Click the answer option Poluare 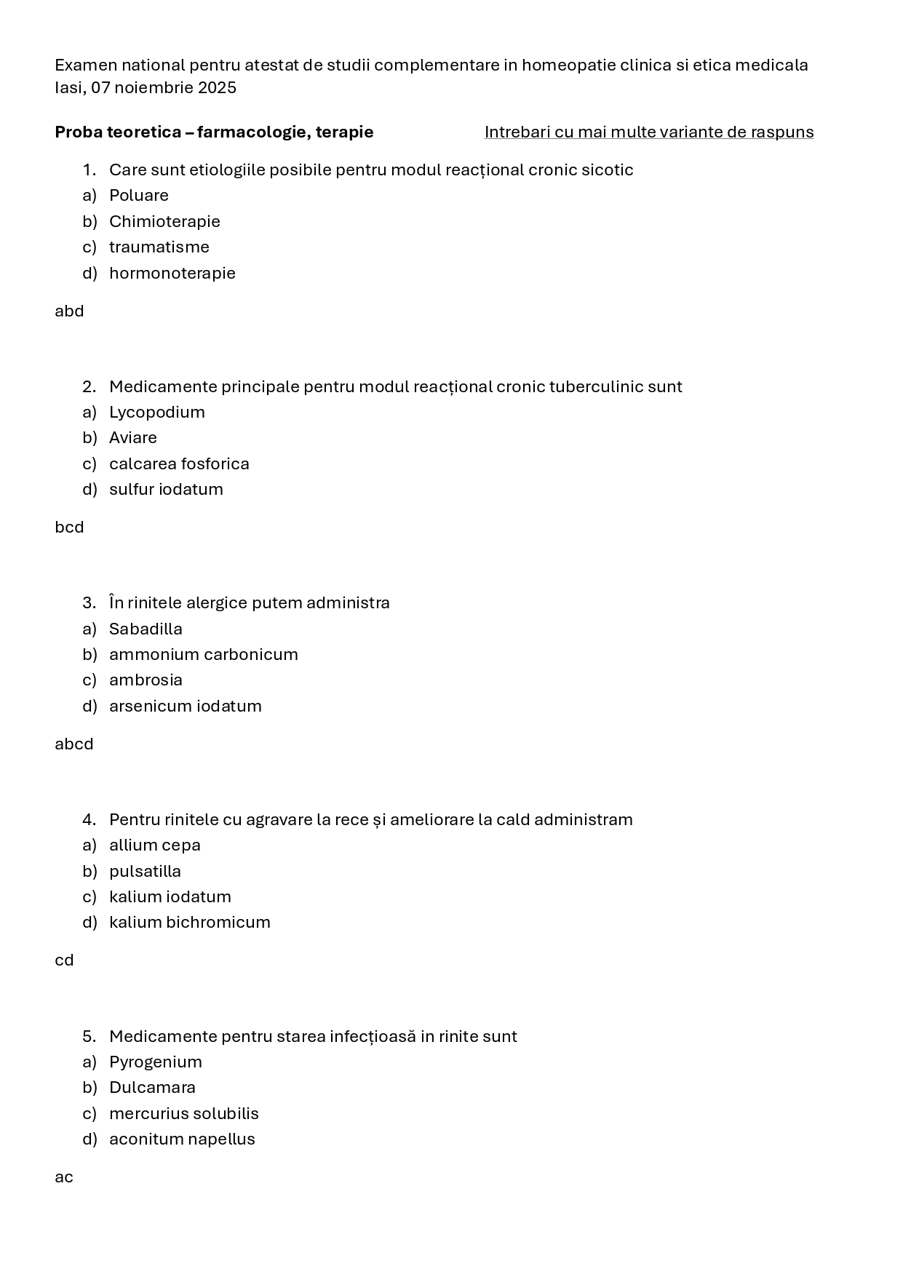click(x=138, y=196)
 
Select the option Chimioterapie click(x=164, y=221)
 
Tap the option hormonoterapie click(x=172, y=273)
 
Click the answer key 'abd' click(x=69, y=311)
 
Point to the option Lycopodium click(x=156, y=413)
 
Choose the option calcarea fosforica click(x=179, y=464)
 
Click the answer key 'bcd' click(x=69, y=528)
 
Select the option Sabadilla click(x=146, y=629)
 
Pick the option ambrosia click(x=146, y=680)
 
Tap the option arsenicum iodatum click(x=185, y=707)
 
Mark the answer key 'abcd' click(x=73, y=744)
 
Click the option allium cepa click(x=154, y=846)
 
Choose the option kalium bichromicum click(x=189, y=923)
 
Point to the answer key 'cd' click(x=64, y=960)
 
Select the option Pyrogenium click(x=155, y=1062)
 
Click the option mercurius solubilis click(x=183, y=1114)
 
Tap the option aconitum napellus click(x=182, y=1139)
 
